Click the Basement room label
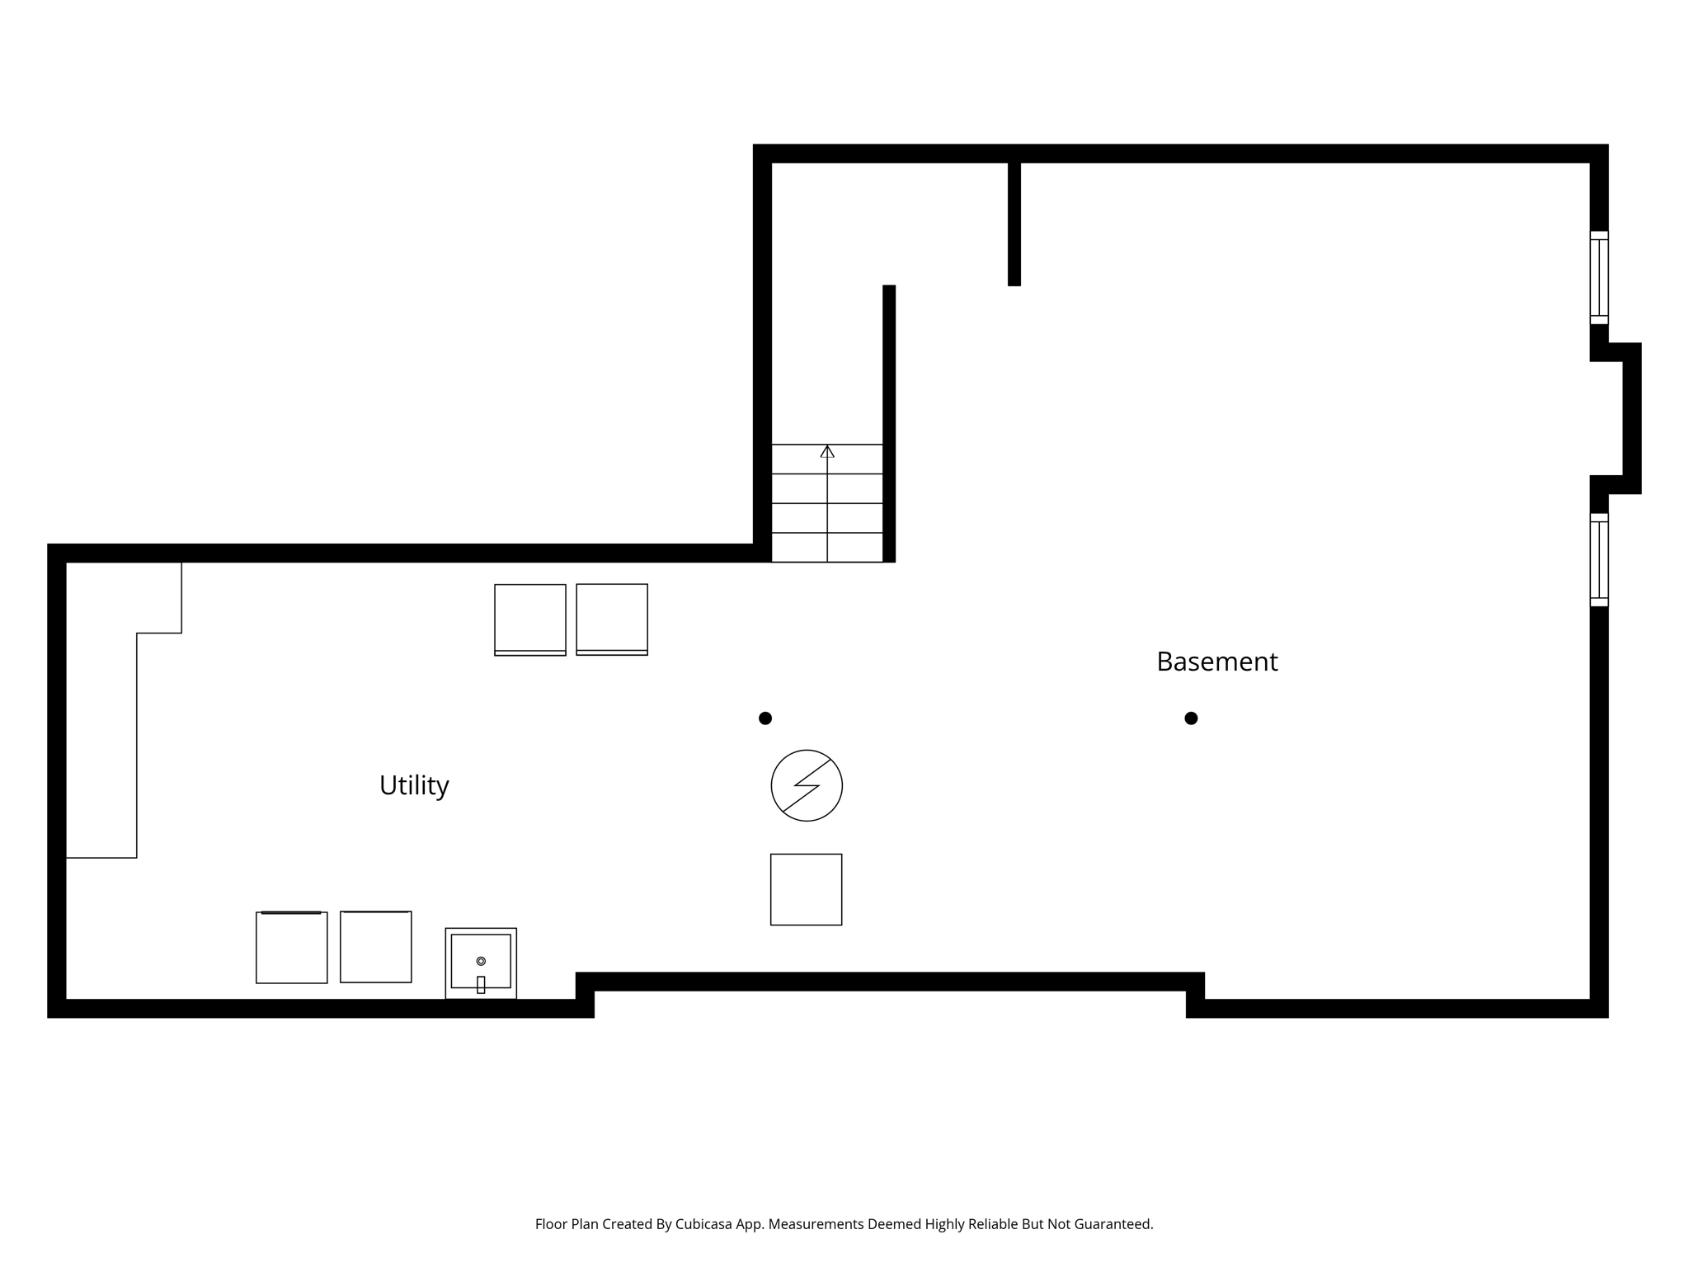coord(1216,662)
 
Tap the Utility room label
coord(414,785)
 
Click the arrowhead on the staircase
coord(827,451)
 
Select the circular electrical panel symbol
coord(807,785)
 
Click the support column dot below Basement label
coord(1191,718)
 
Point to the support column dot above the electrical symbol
coord(765,718)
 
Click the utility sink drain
coord(481,961)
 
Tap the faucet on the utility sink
coord(481,984)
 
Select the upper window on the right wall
coord(1599,277)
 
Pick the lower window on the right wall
coord(1599,559)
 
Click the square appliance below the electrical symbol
coord(806,889)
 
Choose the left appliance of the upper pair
coord(530,619)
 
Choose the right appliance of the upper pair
coord(612,619)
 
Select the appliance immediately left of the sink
coord(376,947)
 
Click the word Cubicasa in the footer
coord(704,1224)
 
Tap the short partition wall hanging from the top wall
coord(1014,223)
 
